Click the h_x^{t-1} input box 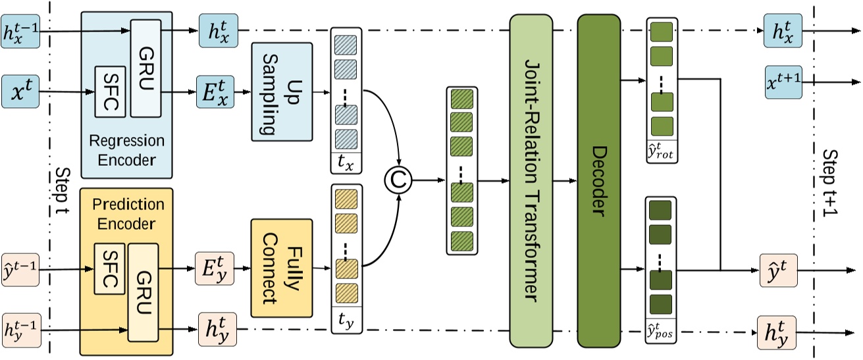tap(21, 31)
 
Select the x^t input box tap(21, 88)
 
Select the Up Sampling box tap(281, 91)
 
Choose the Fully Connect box tap(281, 269)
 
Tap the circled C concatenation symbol tap(398, 178)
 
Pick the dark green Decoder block tap(598, 179)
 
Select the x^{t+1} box tap(783, 82)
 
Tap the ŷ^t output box tap(779, 269)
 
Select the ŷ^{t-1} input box tap(21, 269)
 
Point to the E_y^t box tap(217, 269)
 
